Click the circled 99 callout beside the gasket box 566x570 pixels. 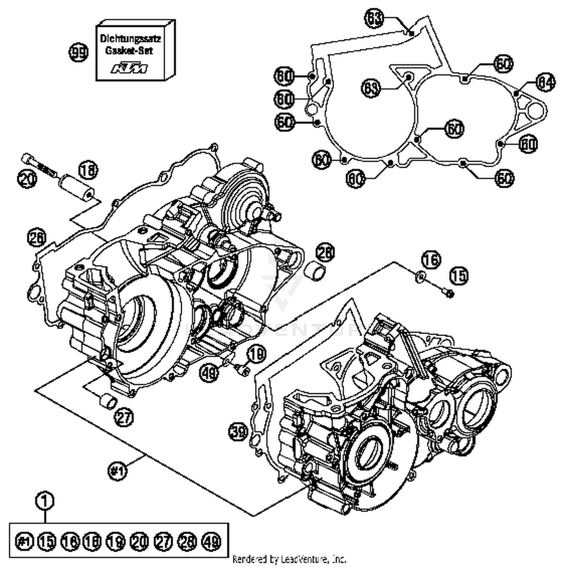coord(78,52)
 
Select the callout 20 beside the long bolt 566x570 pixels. coord(27,178)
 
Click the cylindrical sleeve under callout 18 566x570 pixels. coord(77,187)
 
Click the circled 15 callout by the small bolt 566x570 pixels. coord(458,276)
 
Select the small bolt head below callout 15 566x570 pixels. coord(449,292)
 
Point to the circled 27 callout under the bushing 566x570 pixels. coord(124,417)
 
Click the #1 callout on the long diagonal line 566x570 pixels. coord(117,470)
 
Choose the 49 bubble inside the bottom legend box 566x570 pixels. coord(211,542)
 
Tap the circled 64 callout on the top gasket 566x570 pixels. coord(546,83)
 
